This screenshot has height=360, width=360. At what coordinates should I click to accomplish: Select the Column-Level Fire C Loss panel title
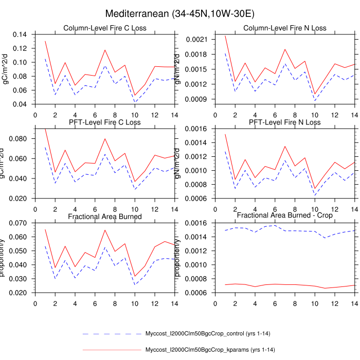click(x=104, y=28)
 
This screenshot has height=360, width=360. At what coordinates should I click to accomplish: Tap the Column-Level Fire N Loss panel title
click(x=284, y=28)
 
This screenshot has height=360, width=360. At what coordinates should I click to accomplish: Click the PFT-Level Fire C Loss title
click(x=104, y=122)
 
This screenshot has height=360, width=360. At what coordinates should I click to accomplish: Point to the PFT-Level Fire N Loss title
click(x=284, y=122)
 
